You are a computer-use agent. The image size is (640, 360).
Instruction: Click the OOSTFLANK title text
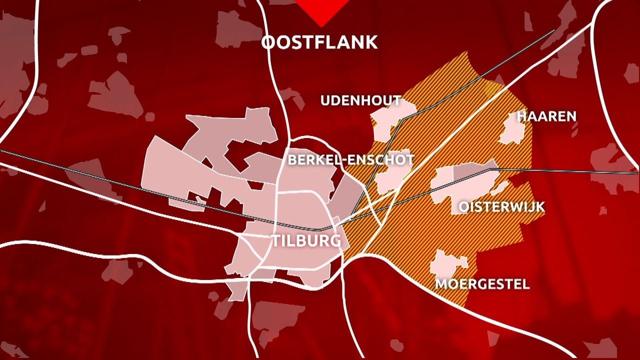pyautogui.click(x=319, y=42)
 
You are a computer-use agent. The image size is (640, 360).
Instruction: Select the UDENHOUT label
pyautogui.click(x=360, y=101)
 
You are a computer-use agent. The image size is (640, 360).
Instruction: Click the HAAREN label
pyautogui.click(x=546, y=116)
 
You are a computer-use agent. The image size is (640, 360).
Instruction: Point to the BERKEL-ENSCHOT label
pyautogui.click(x=351, y=160)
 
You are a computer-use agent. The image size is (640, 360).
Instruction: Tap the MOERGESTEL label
pyautogui.click(x=482, y=284)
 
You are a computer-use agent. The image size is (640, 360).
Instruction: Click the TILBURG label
pyautogui.click(x=306, y=241)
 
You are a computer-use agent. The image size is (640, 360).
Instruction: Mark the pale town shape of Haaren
pyautogui.click(x=512, y=130)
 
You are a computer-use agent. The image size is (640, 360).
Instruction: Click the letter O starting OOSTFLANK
pyautogui.click(x=268, y=42)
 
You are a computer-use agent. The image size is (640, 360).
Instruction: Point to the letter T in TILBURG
pyautogui.click(x=276, y=241)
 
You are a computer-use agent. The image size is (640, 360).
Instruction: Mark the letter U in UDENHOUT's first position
pyautogui.click(x=325, y=101)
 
